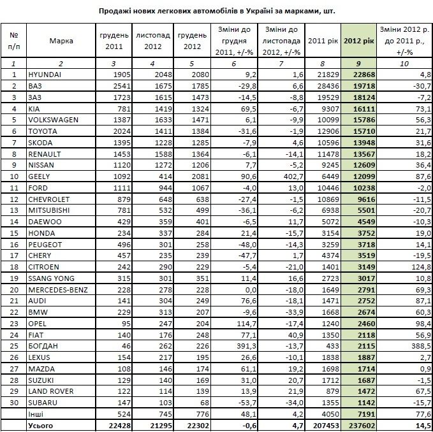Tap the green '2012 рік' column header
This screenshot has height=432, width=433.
(x=358, y=41)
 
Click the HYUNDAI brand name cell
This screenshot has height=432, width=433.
(x=45, y=75)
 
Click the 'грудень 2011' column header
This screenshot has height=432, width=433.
(x=114, y=41)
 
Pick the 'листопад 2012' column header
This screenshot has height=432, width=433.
(x=154, y=41)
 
